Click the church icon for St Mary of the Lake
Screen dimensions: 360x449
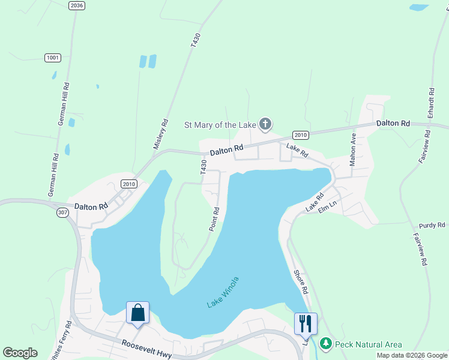coord(265,125)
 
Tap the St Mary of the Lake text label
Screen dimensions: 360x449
coord(220,125)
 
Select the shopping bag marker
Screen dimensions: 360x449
coord(137,313)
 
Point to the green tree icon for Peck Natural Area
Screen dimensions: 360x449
coord(326,344)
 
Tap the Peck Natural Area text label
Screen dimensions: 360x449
coord(369,344)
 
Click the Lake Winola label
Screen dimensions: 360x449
coord(223,292)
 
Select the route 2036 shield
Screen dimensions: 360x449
coord(77,5)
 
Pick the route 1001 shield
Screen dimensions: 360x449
coord(53,58)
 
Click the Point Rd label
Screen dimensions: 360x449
coord(214,219)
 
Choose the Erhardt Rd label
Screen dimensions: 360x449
coord(430,104)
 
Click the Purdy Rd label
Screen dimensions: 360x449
coord(433,225)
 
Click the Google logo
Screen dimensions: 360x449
coord(20,353)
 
